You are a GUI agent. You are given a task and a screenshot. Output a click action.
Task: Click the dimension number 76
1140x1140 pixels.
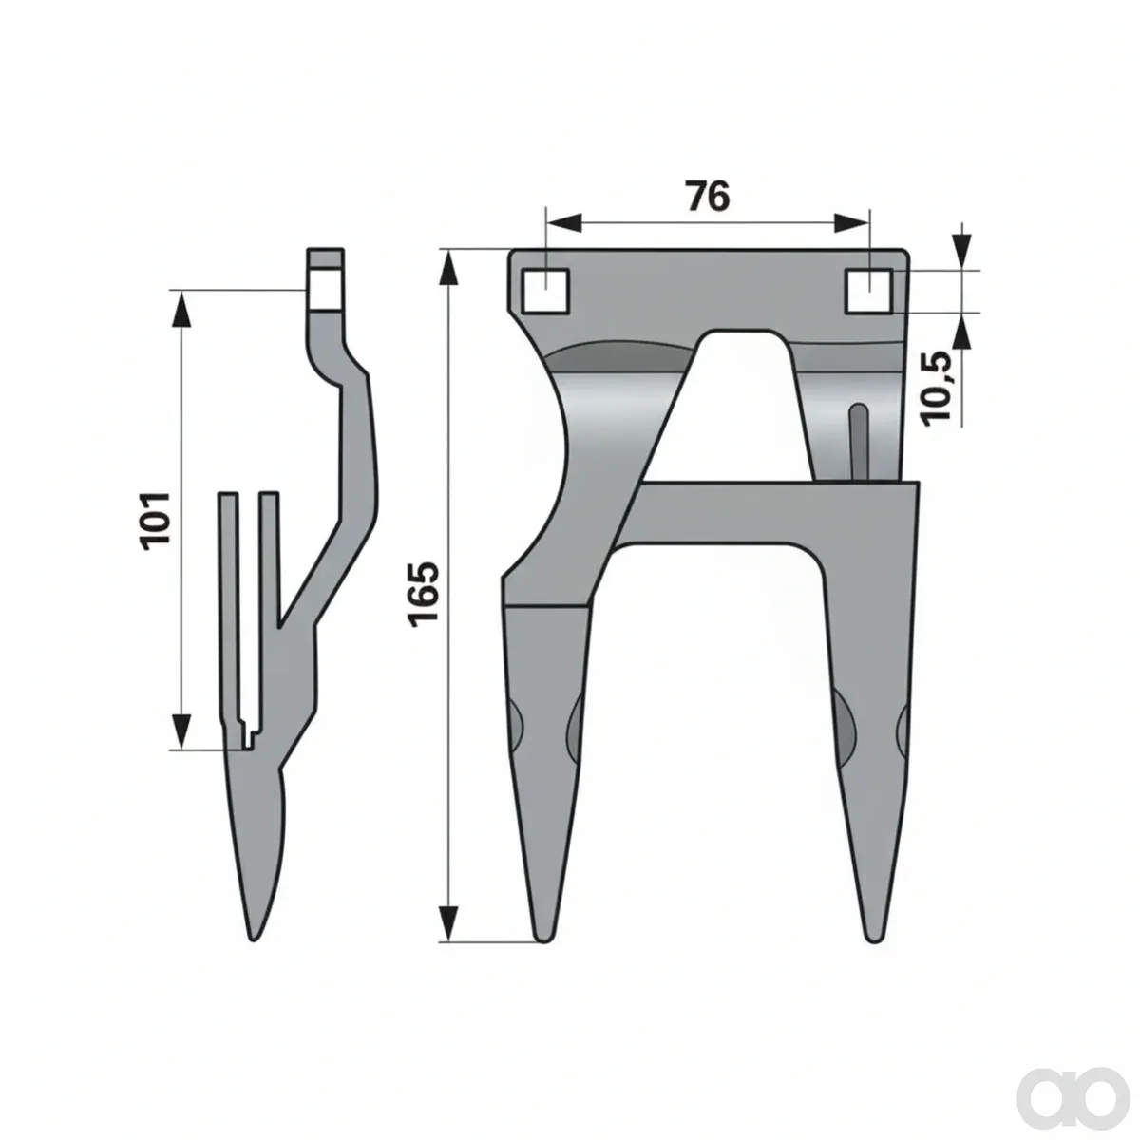tap(708, 196)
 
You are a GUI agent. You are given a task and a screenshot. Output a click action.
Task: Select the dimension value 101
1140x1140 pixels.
tap(156, 521)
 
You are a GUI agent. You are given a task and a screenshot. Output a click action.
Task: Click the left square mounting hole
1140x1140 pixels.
tap(545, 291)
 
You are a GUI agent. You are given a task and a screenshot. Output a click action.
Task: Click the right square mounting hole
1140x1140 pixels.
tap(868, 291)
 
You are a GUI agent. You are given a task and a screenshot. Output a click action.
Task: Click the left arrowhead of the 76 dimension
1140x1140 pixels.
tap(562, 223)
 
